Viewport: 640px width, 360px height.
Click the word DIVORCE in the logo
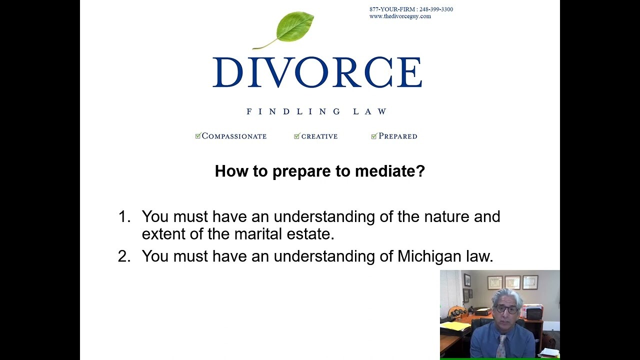(x=317, y=72)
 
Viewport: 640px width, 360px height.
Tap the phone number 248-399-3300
(x=436, y=9)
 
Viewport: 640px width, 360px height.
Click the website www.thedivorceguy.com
(x=400, y=16)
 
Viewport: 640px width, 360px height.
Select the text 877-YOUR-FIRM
(x=392, y=9)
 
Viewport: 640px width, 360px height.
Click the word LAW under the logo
(x=370, y=111)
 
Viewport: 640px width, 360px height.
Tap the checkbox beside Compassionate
(x=198, y=135)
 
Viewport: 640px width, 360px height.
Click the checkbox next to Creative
(x=297, y=136)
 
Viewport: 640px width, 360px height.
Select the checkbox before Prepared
(x=374, y=136)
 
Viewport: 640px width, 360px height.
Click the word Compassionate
(x=234, y=136)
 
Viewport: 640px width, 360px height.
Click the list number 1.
(x=124, y=216)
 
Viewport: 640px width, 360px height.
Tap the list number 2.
(x=124, y=256)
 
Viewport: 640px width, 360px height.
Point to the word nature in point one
(x=446, y=217)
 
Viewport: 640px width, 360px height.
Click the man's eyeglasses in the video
(x=506, y=308)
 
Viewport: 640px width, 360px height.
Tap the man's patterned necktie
(x=501, y=346)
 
